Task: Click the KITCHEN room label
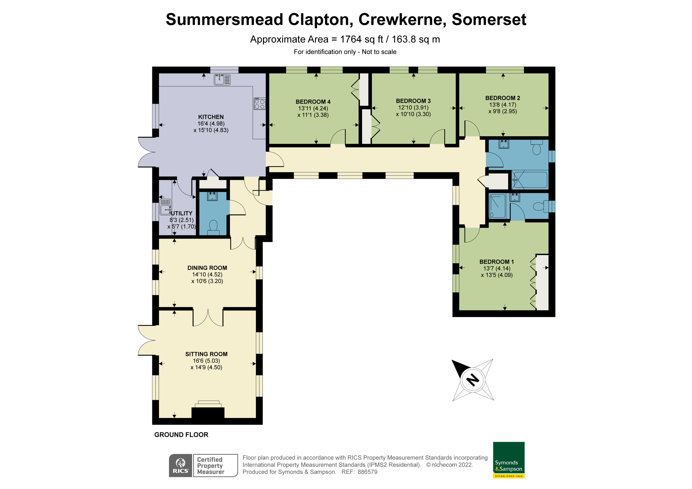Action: [211, 117]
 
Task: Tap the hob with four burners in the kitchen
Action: [259, 103]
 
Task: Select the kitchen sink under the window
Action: [222, 80]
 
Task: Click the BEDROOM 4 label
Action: [313, 102]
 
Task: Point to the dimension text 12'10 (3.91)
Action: [413, 107]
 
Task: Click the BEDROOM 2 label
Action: [503, 98]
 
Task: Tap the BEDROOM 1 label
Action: [497, 262]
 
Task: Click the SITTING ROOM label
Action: [206, 354]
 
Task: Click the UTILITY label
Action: [181, 213]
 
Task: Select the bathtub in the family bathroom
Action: [530, 180]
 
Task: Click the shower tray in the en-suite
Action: [497, 206]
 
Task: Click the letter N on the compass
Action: [473, 380]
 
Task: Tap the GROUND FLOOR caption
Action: [181, 435]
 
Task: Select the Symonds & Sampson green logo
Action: [509, 460]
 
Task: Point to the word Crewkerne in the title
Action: [402, 20]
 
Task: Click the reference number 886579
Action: [367, 472]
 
